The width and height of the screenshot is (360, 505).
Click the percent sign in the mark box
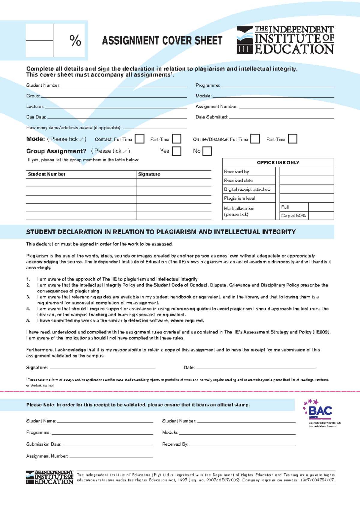pyautogui.click(x=75, y=40)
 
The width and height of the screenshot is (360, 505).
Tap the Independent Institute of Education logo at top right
pyautogui.click(x=285, y=40)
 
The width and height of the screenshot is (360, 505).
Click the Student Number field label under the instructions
pyautogui.click(x=43, y=85)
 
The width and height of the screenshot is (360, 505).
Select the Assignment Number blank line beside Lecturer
pyautogui.click(x=286, y=107)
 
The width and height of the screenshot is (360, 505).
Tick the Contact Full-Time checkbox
pyautogui.click(x=139, y=139)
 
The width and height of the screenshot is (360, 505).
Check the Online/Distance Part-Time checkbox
pyautogui.click(x=292, y=139)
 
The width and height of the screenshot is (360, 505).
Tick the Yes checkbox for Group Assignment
pyautogui.click(x=176, y=151)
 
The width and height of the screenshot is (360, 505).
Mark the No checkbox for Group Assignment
pyautogui.click(x=207, y=151)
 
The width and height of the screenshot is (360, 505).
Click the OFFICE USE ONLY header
pyautogui.click(x=278, y=163)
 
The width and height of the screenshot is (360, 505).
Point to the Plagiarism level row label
pyautogui.click(x=239, y=198)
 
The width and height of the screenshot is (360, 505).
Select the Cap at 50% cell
pyautogui.click(x=293, y=216)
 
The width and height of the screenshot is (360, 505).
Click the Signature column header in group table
pyautogui.click(x=149, y=174)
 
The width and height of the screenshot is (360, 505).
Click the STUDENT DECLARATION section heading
pyautogui.click(x=161, y=232)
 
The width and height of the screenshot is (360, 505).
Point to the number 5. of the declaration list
pyautogui.click(x=28, y=321)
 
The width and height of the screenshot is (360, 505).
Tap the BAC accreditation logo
pyautogui.click(x=320, y=411)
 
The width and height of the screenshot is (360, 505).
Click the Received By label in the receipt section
pyautogui.click(x=175, y=444)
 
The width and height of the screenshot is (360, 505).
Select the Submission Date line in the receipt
pyautogui.click(x=108, y=445)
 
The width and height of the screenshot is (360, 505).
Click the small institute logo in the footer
pyautogui.click(x=49, y=477)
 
